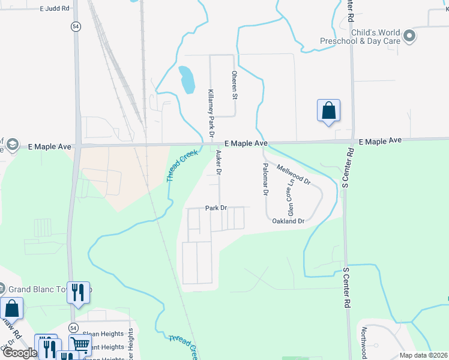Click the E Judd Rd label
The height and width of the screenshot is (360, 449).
click(x=55, y=9)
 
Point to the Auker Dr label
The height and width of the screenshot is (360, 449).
click(x=218, y=163)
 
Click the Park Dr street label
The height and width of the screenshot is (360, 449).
click(x=215, y=208)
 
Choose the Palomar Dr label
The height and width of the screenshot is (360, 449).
click(x=264, y=179)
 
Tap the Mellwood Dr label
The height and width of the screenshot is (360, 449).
click(x=294, y=173)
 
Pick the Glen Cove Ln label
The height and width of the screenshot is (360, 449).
click(x=291, y=200)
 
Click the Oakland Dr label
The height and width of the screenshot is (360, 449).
click(x=289, y=221)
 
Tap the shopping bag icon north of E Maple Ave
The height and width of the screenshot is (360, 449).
click(x=328, y=111)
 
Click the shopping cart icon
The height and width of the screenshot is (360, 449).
click(x=80, y=344)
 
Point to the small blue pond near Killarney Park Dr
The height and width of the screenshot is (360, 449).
click(x=187, y=79)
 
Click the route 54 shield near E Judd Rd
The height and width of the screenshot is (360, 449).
click(x=74, y=26)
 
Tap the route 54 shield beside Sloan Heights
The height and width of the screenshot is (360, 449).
click(x=73, y=328)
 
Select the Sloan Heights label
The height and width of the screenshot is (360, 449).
click(x=103, y=334)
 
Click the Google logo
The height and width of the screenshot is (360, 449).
click(x=19, y=353)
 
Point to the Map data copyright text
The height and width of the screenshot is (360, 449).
click(x=423, y=355)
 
